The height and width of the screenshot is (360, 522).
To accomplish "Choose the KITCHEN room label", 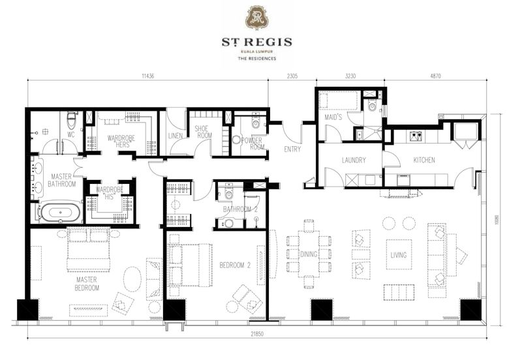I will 423,160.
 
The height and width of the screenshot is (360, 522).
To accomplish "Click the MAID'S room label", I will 333,117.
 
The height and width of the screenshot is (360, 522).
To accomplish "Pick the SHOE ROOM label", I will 204,132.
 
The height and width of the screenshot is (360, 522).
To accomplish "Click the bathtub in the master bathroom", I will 61,212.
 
